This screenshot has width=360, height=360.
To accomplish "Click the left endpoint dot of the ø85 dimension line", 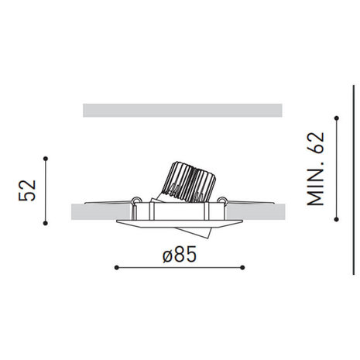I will point(115,268).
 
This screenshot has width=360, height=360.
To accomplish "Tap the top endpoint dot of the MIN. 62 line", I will point(335,118).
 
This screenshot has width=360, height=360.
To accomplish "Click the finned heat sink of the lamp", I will point(188,182).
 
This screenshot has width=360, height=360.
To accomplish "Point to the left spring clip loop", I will point(136,204).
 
